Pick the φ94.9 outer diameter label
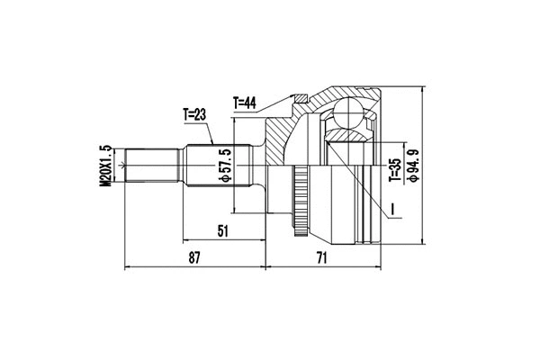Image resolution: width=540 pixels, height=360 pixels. coord(413,163)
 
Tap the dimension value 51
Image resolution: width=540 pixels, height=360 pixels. coord(221,231)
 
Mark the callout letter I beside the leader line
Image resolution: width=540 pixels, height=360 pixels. coord(392,212)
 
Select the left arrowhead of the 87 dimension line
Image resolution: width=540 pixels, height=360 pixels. coord(128,267)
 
